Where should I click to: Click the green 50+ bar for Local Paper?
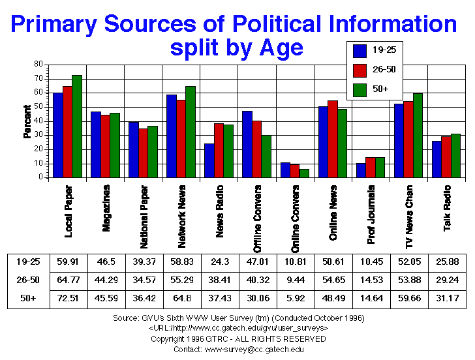click(x=77, y=126)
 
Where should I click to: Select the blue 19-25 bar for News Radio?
click(x=209, y=160)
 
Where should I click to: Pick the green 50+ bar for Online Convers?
click(x=305, y=173)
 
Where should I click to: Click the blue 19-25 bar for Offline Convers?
click(x=247, y=144)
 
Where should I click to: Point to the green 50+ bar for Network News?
click(x=190, y=132)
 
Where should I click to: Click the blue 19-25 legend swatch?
click(x=359, y=50)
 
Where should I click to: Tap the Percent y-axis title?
click(x=27, y=121)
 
